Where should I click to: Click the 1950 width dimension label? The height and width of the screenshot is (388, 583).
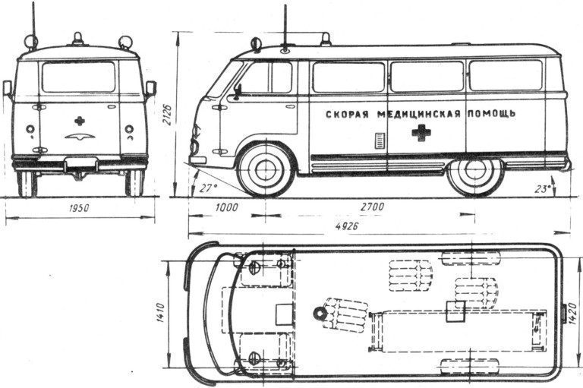click(x=79, y=207)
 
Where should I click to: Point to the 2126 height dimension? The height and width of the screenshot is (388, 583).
click(x=167, y=114)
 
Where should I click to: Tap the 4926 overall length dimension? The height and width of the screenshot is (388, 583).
click(x=346, y=226)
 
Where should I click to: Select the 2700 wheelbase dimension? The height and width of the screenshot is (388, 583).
click(x=372, y=207)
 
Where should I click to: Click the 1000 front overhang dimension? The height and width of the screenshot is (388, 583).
click(x=226, y=207)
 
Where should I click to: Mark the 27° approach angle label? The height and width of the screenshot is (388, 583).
click(x=208, y=188)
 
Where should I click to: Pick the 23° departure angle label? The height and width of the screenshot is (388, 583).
click(x=543, y=189)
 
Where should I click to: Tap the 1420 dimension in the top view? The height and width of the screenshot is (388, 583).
click(x=573, y=314)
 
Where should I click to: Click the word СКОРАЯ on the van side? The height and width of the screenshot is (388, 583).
click(x=347, y=114)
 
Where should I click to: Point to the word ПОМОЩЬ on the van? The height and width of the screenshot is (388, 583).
click(x=491, y=113)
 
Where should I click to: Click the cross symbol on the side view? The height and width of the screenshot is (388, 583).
click(x=421, y=132)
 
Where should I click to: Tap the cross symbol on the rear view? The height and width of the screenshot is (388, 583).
click(x=79, y=121)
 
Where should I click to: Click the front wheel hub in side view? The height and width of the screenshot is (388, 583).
click(x=266, y=170)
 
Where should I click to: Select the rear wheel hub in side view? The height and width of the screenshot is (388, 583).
click(x=473, y=170)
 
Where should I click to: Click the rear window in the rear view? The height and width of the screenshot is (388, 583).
click(x=78, y=77)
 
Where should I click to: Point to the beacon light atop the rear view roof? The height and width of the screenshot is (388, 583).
click(x=77, y=39)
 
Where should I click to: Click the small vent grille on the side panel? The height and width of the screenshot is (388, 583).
click(x=379, y=140)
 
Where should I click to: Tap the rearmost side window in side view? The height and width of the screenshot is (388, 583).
click(x=506, y=75)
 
